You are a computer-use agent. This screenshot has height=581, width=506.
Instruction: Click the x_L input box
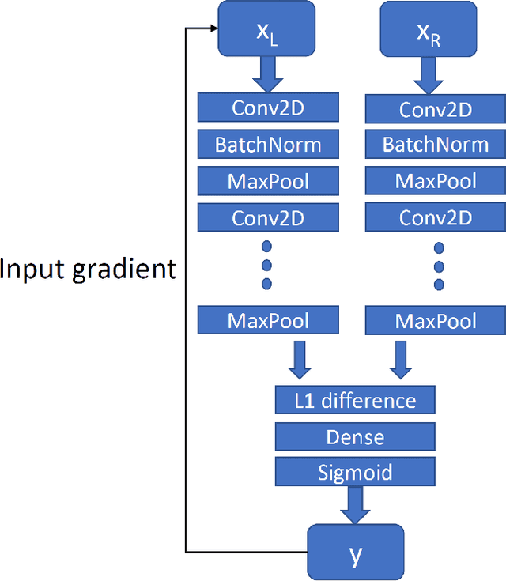click(x=266, y=29)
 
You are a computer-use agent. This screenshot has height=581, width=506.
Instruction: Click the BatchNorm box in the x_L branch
click(x=268, y=145)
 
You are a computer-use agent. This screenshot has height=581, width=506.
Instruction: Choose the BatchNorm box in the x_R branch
click(x=436, y=145)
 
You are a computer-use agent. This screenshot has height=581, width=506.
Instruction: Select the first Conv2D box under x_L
click(x=268, y=108)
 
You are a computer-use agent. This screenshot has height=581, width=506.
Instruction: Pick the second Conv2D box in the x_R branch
click(x=436, y=217)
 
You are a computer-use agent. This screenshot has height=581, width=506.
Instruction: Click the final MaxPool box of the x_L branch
click(x=268, y=320)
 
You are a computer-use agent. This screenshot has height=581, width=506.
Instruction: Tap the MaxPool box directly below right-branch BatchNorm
click(x=436, y=182)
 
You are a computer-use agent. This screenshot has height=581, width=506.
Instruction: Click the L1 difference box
click(x=355, y=400)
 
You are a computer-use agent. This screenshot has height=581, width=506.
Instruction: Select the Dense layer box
click(x=355, y=436)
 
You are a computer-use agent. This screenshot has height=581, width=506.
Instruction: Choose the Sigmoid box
click(x=355, y=473)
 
